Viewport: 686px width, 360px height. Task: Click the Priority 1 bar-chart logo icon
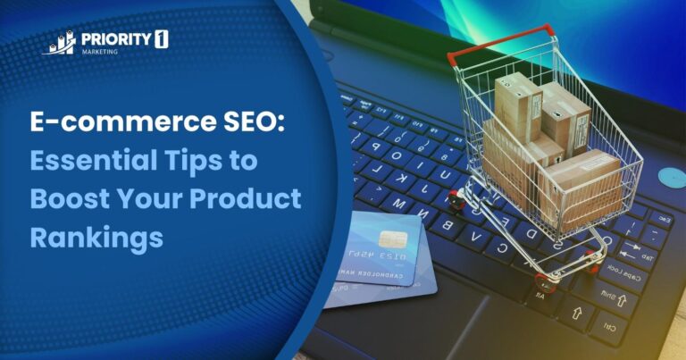tap(60, 43)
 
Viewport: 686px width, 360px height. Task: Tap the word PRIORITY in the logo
tap(110, 39)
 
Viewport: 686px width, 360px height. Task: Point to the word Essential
tap(88, 162)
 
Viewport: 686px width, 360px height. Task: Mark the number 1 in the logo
tap(161, 39)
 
